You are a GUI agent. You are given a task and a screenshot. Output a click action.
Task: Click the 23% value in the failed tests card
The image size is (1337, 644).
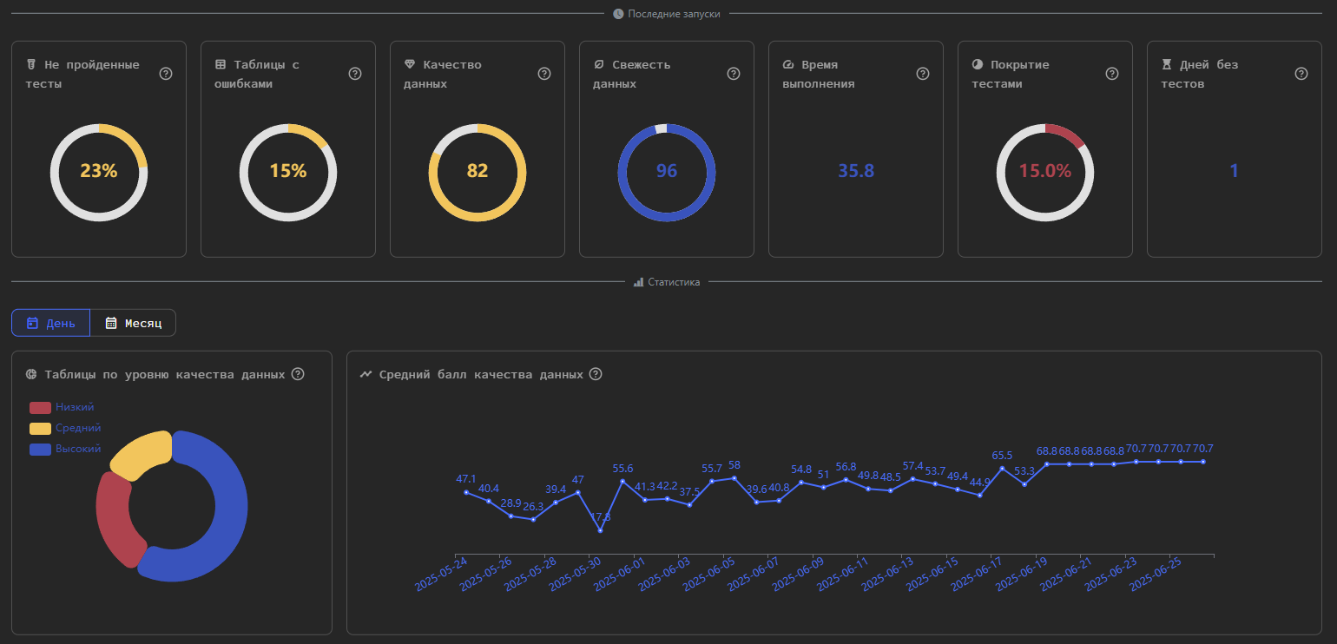pyautogui.click(x=98, y=171)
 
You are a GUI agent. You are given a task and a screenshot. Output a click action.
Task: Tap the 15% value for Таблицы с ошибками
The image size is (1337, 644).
pyautogui.click(x=287, y=171)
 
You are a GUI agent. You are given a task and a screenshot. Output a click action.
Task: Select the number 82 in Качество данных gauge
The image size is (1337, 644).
pyautogui.click(x=477, y=171)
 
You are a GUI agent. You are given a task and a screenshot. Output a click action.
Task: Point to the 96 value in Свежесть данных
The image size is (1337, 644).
pyautogui.click(x=666, y=171)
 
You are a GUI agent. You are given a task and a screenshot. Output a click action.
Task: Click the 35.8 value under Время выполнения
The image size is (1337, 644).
pyautogui.click(x=855, y=171)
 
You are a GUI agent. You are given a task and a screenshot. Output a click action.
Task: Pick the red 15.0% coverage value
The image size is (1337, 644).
pyautogui.click(x=1044, y=171)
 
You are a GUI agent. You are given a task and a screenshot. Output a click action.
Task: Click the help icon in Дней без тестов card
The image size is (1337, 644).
pyautogui.click(x=1301, y=74)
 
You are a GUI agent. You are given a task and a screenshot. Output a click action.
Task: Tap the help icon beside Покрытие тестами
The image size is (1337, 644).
pyautogui.click(x=1111, y=74)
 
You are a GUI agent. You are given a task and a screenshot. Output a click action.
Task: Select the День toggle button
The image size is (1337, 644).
pyautogui.click(x=50, y=323)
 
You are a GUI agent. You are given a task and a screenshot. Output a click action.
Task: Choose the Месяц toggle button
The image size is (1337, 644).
pyautogui.click(x=133, y=323)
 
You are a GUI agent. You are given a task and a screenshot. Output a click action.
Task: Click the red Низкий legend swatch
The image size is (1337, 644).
pyautogui.click(x=41, y=408)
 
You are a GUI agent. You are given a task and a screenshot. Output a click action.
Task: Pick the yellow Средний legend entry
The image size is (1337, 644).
pyautogui.click(x=65, y=429)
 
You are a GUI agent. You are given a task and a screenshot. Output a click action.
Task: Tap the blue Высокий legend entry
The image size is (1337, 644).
pyautogui.click(x=65, y=450)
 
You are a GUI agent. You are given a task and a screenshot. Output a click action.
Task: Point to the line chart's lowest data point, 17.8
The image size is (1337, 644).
pyautogui.click(x=600, y=530)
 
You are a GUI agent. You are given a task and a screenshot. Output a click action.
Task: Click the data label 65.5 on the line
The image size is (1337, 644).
pyautogui.click(x=1002, y=456)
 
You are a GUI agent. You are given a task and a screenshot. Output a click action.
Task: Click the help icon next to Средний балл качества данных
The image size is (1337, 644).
pyautogui.click(x=596, y=374)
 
